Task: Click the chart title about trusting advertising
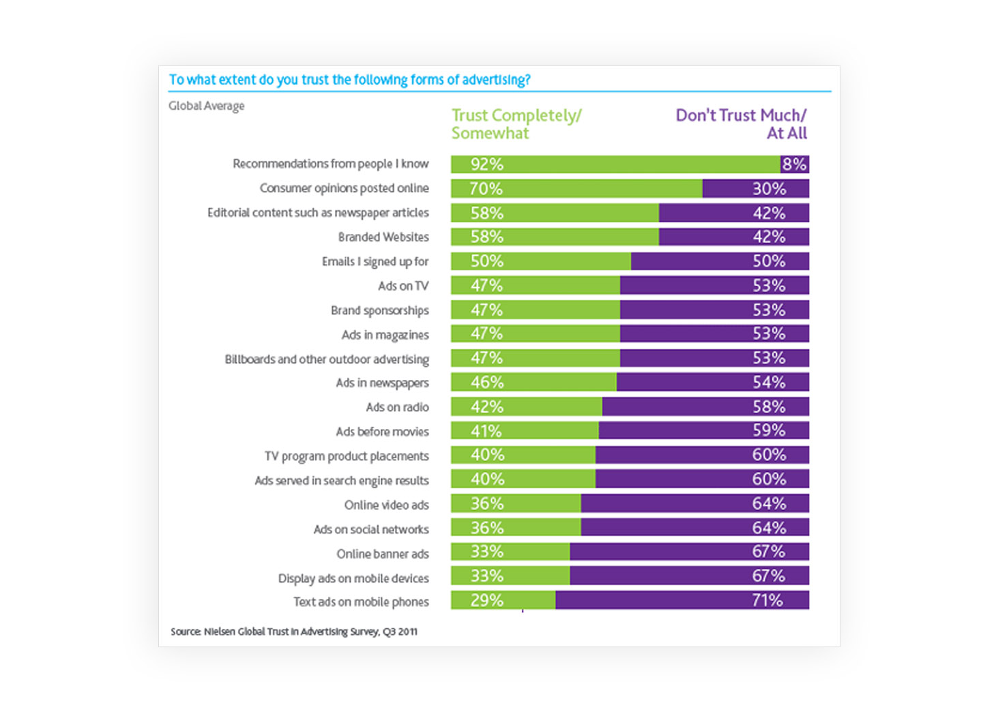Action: [x=349, y=80]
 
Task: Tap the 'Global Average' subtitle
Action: [x=206, y=106]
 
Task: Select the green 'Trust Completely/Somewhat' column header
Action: [x=516, y=124]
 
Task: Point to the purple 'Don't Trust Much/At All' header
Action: [x=741, y=124]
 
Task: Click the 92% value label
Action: [x=486, y=164]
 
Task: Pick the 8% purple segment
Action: [x=794, y=164]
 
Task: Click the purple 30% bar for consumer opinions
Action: [x=755, y=189]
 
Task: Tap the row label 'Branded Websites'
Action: [x=383, y=237]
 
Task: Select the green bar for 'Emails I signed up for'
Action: [x=540, y=261]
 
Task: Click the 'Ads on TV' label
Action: [x=403, y=286]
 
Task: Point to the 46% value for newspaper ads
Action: [x=486, y=383]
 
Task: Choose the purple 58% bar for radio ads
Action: [x=705, y=407]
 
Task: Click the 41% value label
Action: [x=486, y=431]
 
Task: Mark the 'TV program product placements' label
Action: [x=347, y=456]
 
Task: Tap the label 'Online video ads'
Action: [x=386, y=505]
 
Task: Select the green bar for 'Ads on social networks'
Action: [x=515, y=528]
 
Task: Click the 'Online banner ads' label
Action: [x=382, y=554]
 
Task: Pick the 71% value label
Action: [x=767, y=601]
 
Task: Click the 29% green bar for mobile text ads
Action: [x=503, y=601]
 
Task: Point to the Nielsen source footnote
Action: [x=294, y=632]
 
